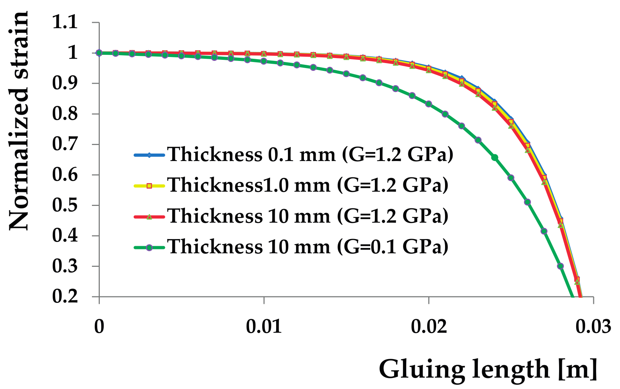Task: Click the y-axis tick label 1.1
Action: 65,22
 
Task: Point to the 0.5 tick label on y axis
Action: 65,205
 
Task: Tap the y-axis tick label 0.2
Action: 65,296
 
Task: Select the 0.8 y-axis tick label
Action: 65,114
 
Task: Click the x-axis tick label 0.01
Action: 264,327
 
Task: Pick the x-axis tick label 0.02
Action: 429,327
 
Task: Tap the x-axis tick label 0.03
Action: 593,327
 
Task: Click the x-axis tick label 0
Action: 99,327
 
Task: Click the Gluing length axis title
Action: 488,369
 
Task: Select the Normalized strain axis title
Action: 19,121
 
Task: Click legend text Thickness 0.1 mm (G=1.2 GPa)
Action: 310,155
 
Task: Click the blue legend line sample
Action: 149,155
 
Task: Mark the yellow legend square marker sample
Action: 149,186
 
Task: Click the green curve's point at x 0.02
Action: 429,104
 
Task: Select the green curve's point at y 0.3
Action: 560,266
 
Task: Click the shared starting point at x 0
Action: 99,53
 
